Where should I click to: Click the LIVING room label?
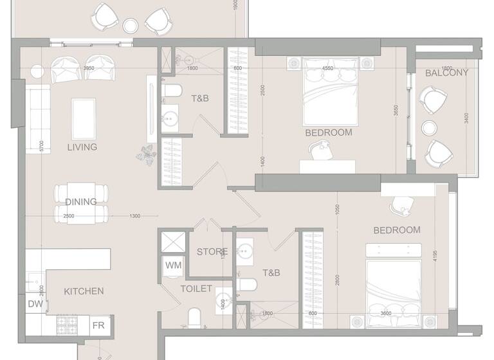(82, 147)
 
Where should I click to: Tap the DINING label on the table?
(81, 202)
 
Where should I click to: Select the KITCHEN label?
(84, 291)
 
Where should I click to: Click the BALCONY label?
(446, 73)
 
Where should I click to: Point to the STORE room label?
(212, 252)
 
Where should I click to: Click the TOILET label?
(196, 289)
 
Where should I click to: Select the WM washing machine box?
(173, 265)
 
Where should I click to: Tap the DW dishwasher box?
(35, 304)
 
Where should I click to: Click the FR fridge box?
(98, 325)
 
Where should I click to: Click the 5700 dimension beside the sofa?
(41, 147)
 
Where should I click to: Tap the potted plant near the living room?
(146, 154)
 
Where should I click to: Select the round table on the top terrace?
(131, 26)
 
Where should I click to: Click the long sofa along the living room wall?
(37, 120)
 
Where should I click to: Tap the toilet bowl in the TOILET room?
(194, 317)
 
